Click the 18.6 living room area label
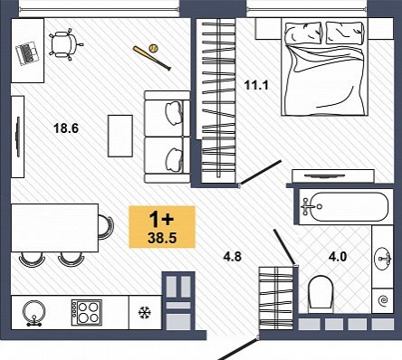point(66,128)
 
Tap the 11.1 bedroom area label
point(256,85)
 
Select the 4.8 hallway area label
point(233,257)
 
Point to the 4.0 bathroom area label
point(338,257)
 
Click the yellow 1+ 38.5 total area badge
point(162,227)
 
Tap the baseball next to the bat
point(154,49)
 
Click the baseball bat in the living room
point(152,58)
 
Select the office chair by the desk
point(66,44)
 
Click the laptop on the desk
point(27,52)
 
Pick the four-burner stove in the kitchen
point(87,313)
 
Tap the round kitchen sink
point(34,313)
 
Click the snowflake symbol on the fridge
point(145,313)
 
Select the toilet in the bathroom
point(321,293)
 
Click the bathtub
point(345,207)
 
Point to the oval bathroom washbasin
point(382,259)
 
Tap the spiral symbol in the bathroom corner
point(384,300)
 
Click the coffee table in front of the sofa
point(120,136)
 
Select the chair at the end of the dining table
point(106,227)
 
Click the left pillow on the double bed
point(303,33)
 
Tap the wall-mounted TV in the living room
point(18,137)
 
